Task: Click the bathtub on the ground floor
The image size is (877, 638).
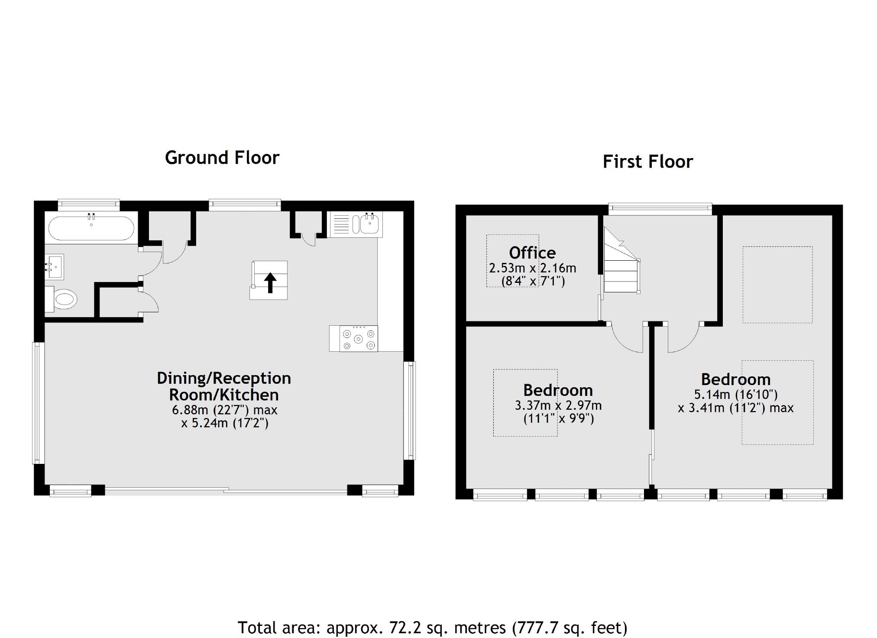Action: (91, 228)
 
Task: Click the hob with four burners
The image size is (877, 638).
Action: (359, 339)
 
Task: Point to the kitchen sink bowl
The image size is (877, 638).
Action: (370, 224)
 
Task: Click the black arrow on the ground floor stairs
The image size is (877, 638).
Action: (270, 283)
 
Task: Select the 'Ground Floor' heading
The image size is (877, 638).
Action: (222, 158)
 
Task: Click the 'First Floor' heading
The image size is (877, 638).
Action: (648, 162)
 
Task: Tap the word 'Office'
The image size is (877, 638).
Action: (532, 253)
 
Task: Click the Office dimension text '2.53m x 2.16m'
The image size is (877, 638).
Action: (533, 268)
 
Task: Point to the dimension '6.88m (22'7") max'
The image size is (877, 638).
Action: (225, 410)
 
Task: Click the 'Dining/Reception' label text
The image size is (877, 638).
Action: (224, 378)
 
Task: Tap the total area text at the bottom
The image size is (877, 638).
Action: (432, 627)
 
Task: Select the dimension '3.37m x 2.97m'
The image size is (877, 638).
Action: (558, 405)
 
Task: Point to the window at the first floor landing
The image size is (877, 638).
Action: (660, 209)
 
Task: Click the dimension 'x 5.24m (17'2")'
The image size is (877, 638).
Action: (225, 423)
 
